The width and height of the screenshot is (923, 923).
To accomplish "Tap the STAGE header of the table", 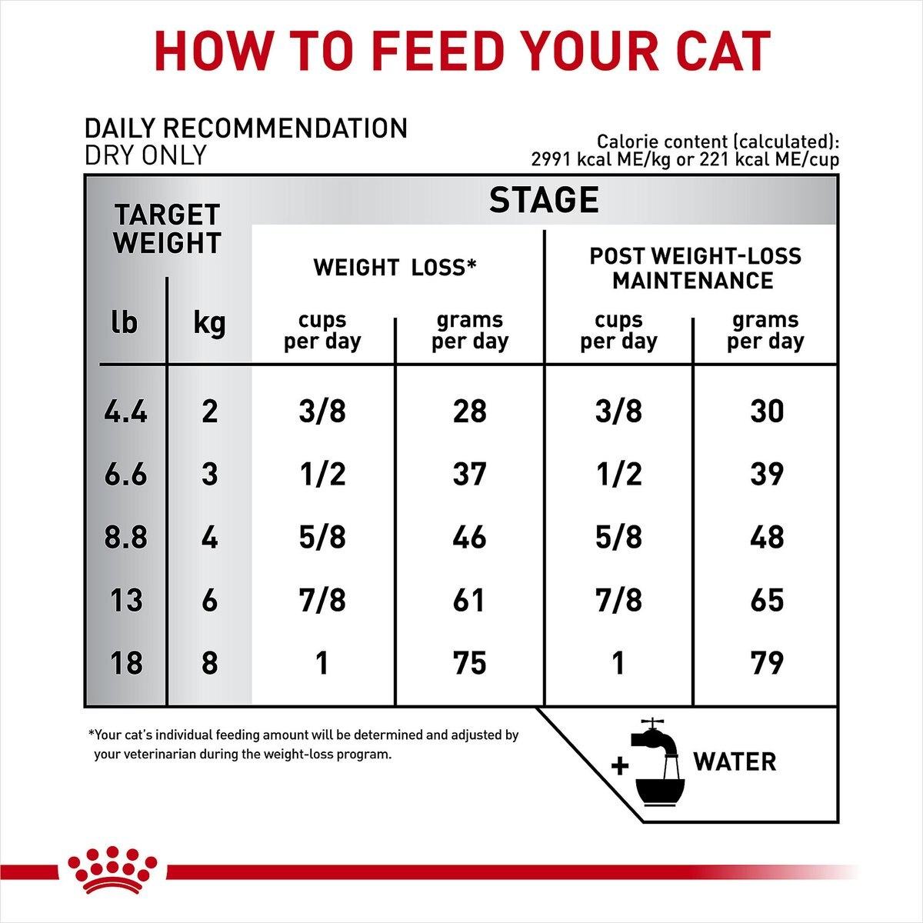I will (x=544, y=200).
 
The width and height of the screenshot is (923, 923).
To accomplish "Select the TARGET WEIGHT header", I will (x=167, y=229).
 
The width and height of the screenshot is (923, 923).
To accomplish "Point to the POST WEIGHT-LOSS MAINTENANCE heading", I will (x=695, y=268).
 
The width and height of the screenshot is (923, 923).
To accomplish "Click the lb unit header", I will (x=124, y=322).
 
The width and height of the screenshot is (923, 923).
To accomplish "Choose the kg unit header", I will (x=209, y=322).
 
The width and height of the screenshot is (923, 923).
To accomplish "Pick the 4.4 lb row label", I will (x=125, y=412).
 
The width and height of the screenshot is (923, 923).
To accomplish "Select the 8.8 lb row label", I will (x=125, y=537).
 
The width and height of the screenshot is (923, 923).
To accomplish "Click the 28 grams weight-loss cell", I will (x=469, y=412).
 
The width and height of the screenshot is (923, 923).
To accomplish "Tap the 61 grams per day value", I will (x=469, y=600).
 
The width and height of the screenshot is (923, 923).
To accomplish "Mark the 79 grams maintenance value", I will (x=766, y=663).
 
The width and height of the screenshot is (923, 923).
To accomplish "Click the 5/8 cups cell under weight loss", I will (x=322, y=537).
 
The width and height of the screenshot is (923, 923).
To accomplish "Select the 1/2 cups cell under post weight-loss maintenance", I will (x=618, y=474).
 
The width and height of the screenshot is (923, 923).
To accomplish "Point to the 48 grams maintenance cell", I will (x=766, y=537).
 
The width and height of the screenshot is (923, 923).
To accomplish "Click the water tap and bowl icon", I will (x=658, y=763).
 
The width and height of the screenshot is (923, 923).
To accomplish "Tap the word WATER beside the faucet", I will (x=735, y=762).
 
